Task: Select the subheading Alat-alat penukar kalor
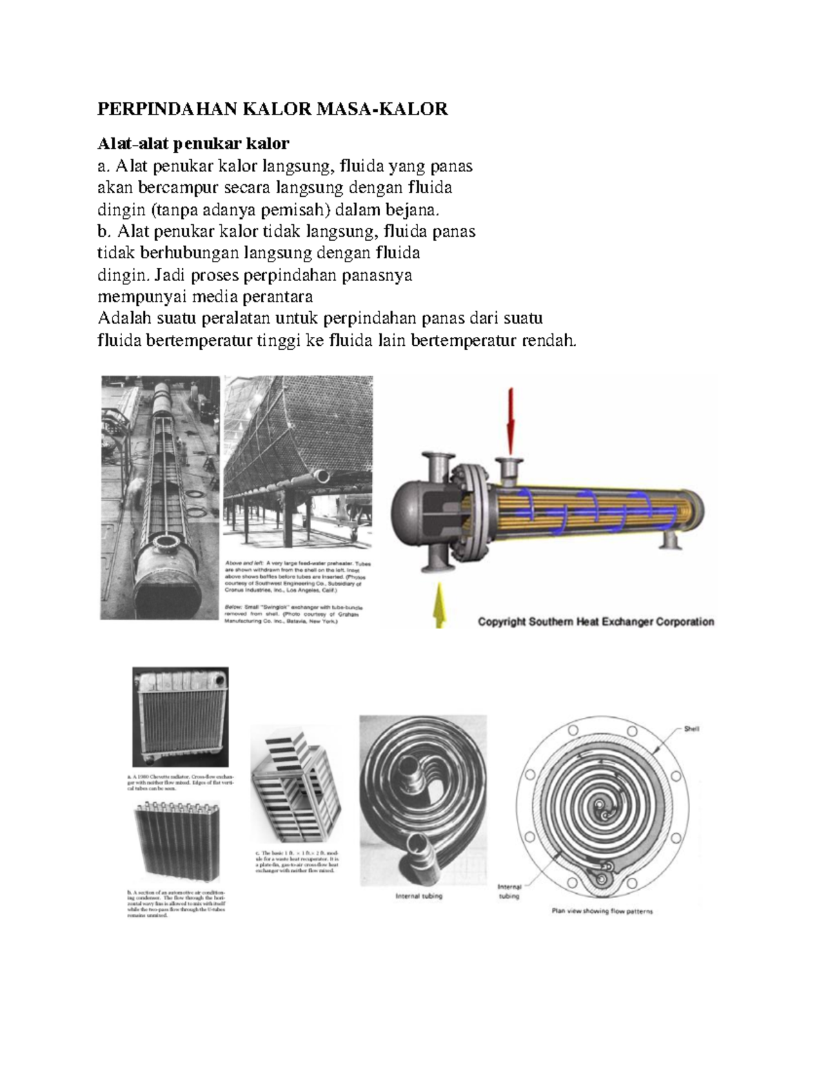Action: (193, 144)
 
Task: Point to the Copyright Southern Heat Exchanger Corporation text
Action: (596, 621)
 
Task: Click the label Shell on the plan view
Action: (691, 729)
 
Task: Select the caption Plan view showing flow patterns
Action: (602, 911)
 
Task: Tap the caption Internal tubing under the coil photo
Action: (419, 897)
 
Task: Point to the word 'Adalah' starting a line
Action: (125, 318)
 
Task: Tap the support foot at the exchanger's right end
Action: (669, 539)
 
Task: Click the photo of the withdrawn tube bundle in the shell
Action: (160, 497)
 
